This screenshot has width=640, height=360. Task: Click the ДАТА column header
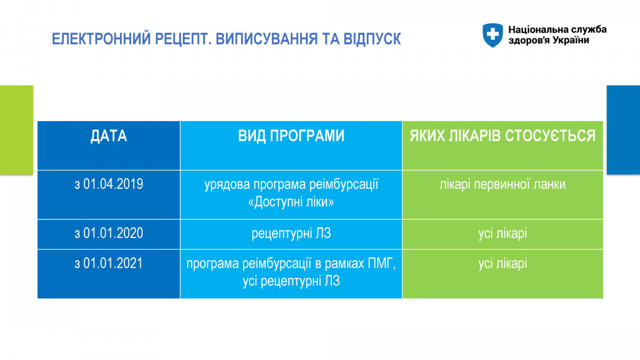point(109,135)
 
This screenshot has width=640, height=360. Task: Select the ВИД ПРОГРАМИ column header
point(291,135)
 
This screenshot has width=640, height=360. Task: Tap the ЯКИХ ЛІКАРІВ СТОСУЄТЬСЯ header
point(502,135)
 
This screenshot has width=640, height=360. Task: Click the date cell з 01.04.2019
point(109,184)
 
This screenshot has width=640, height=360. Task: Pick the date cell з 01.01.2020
point(109,233)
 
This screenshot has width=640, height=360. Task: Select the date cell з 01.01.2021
point(109,263)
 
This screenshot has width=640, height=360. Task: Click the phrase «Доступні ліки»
point(291,202)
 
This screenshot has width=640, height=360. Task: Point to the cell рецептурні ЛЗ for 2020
point(291,234)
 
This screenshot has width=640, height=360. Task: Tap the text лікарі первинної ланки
point(502,185)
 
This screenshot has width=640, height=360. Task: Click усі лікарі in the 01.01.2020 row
point(502,234)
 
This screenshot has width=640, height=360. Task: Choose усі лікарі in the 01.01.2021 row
point(502,263)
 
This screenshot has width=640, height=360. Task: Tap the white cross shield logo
point(493,35)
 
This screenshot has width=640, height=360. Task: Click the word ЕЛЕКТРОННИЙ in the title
point(101,39)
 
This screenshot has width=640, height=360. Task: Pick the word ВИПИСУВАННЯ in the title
point(267,39)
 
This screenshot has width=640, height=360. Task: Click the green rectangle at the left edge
point(17,130)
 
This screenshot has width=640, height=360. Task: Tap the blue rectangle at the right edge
point(623,130)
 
